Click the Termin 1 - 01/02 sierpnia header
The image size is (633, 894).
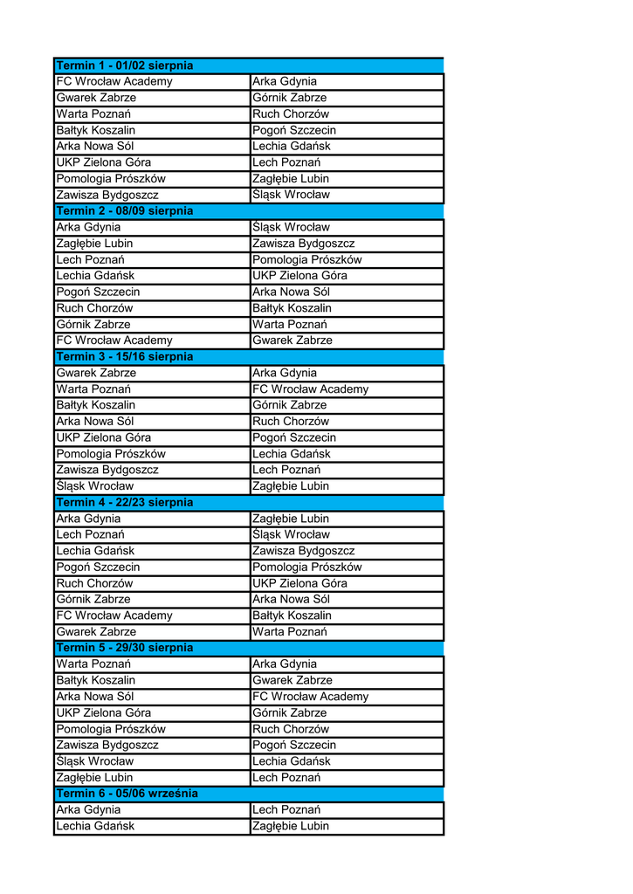tap(125, 65)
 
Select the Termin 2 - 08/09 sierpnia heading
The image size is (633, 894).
tap(125, 211)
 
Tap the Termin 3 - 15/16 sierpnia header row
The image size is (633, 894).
tap(125, 357)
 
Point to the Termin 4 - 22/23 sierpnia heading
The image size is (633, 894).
tap(125, 503)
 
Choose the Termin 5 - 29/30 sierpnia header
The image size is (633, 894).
tap(125, 648)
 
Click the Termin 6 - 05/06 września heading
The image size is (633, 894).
tap(127, 794)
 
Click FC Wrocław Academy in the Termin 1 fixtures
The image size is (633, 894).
tap(114, 82)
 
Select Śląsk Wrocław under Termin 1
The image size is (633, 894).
tap(291, 195)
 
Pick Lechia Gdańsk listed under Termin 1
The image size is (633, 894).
tap(292, 147)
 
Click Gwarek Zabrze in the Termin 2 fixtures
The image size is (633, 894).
tap(292, 340)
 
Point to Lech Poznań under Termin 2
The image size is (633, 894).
tap(90, 260)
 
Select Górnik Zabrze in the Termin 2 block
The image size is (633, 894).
tap(93, 325)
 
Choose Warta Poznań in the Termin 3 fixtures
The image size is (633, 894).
tap(93, 389)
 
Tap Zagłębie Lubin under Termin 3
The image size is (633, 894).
tap(291, 486)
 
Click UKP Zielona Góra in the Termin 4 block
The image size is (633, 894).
tap(299, 583)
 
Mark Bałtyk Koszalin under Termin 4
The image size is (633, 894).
tap(292, 615)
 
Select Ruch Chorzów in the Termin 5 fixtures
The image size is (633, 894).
tap(291, 729)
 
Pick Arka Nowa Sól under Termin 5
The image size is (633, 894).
tap(95, 697)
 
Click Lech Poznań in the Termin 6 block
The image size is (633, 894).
tap(286, 810)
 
